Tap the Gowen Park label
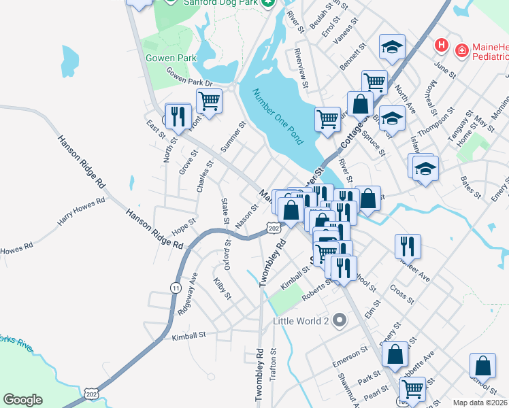171,58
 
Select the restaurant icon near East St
178,116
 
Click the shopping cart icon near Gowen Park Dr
209,101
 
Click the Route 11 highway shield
176,288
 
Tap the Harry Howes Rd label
82,211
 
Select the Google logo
22,400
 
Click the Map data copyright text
480,402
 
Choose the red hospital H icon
442,46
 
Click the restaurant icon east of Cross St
408,245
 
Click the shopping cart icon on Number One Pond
327,119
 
